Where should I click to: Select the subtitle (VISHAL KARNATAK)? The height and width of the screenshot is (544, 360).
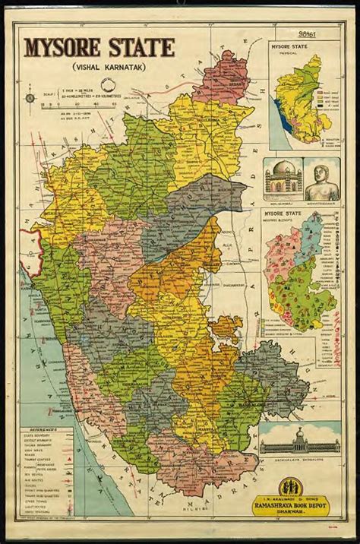(97, 70)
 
